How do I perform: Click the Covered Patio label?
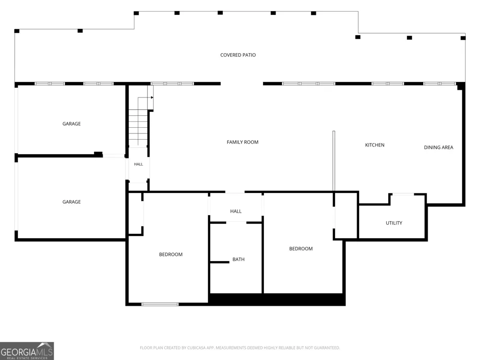[x=238, y=55]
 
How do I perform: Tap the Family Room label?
[x=242, y=142]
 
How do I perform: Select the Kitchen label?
[x=375, y=145]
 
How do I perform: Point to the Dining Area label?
[x=438, y=147]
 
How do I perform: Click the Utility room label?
[x=394, y=223]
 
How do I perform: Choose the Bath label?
[x=239, y=260]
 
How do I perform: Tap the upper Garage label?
[x=72, y=124]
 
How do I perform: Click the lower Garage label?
[x=72, y=202]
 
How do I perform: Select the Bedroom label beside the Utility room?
[x=301, y=249]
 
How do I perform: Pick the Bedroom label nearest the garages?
[x=171, y=254]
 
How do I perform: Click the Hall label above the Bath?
[x=236, y=211]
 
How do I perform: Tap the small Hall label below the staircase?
[x=138, y=164]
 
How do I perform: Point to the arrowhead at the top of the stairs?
[x=152, y=97]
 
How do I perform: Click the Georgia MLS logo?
[x=27, y=351]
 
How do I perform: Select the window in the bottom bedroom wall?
[x=160, y=304]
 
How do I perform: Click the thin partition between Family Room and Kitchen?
[x=334, y=161]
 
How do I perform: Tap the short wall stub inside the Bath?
[x=219, y=262]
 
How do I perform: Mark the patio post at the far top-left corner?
[x=17, y=31]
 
